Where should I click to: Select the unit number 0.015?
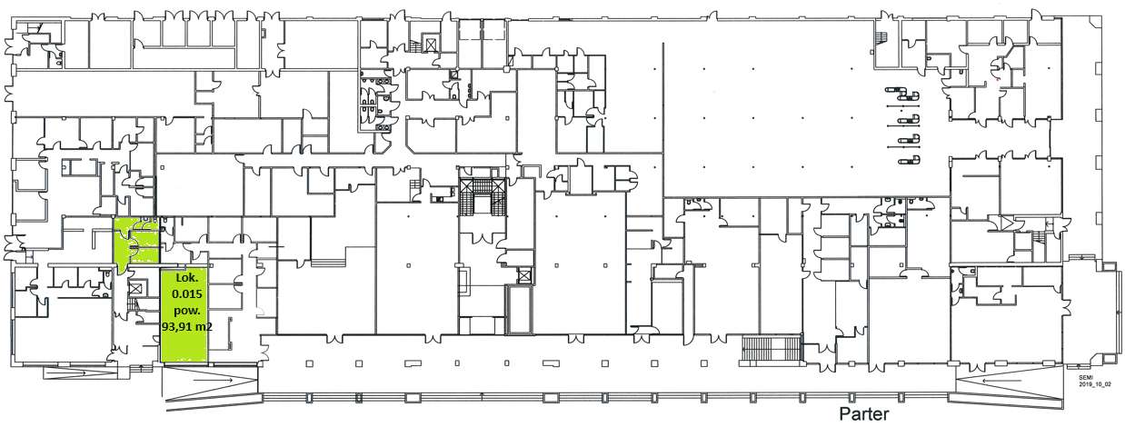185,293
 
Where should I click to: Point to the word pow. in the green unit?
185,309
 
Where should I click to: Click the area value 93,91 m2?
185,324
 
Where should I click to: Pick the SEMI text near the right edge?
1087,378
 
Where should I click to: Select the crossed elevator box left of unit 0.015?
137,287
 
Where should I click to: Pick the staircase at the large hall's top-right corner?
879,35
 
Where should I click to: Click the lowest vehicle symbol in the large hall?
905,161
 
